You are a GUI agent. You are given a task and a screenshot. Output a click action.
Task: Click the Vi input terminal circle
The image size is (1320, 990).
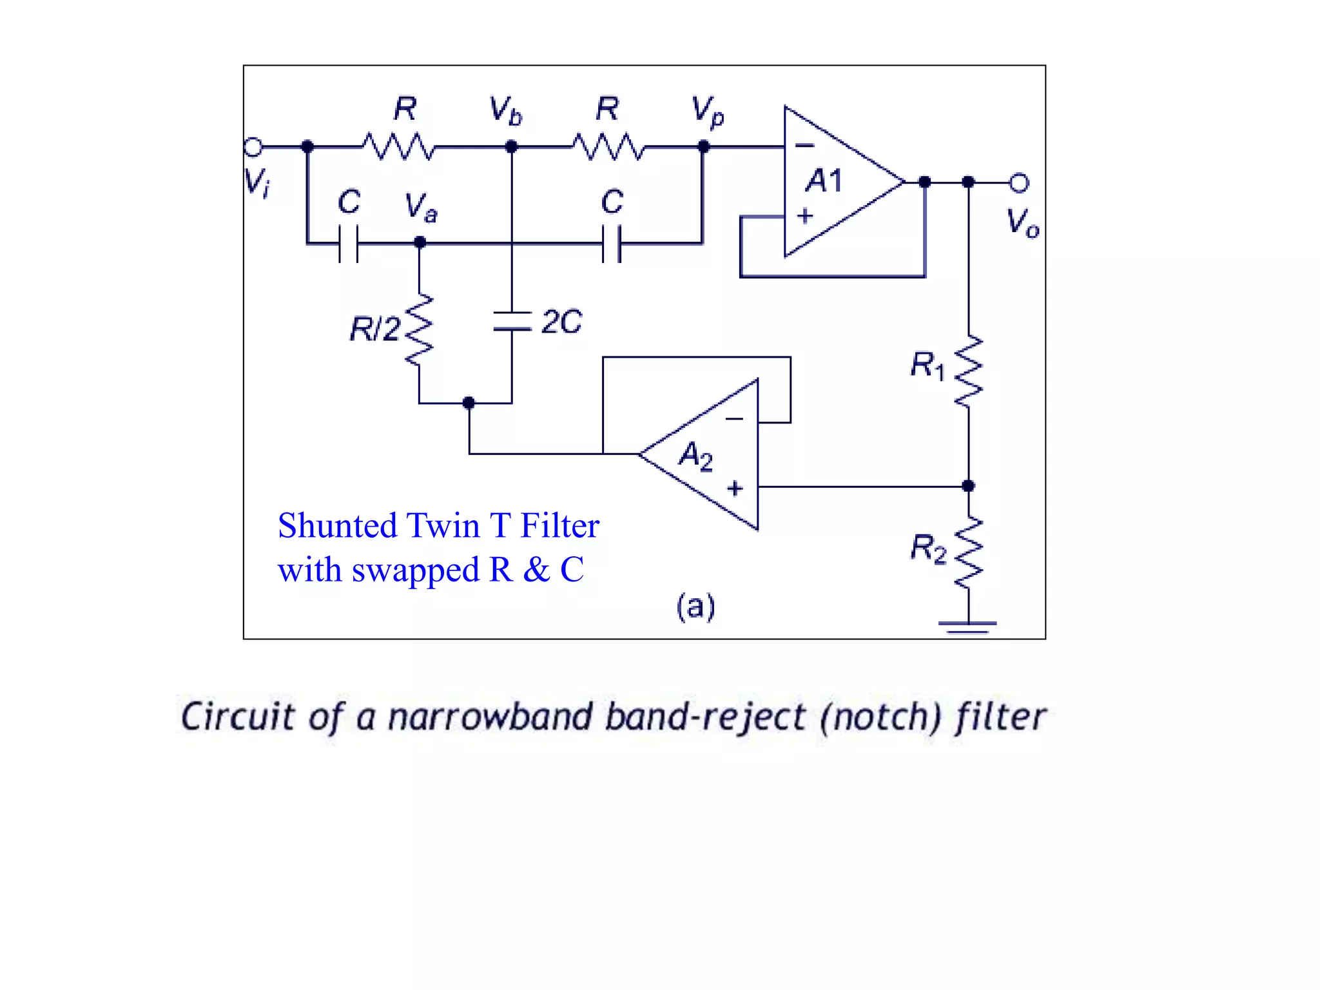[253, 147]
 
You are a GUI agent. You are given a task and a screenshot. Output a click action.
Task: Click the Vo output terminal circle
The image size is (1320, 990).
[1019, 183]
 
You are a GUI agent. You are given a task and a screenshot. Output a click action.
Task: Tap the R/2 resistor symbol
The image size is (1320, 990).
[420, 330]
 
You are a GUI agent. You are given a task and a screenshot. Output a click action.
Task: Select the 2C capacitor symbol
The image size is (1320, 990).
[512, 321]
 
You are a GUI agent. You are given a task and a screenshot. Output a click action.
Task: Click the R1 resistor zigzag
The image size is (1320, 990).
[968, 371]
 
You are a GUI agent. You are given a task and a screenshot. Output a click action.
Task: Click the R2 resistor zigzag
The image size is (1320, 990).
[968, 553]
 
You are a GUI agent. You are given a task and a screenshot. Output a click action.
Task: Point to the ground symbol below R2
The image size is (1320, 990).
[967, 626]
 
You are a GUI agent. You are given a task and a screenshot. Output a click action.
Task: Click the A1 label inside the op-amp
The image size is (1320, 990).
[824, 180]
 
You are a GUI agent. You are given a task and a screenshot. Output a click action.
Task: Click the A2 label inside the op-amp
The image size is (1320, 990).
[696, 456]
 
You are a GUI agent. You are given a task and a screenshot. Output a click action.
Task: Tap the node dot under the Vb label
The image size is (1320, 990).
[512, 147]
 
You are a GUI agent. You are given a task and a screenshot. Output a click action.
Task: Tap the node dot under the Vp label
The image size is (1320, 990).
[704, 147]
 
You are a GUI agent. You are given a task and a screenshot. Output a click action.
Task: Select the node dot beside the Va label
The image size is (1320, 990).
[420, 243]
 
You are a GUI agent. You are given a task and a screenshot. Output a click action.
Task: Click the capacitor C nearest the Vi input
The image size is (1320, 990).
[349, 244]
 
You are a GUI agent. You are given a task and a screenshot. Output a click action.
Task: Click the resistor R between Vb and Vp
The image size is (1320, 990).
[608, 147]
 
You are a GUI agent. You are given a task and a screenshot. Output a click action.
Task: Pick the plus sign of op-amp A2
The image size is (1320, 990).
[735, 489]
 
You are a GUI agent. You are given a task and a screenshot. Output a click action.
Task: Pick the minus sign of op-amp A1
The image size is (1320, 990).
[804, 146]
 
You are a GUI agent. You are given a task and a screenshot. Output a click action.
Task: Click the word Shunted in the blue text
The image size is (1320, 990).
[337, 525]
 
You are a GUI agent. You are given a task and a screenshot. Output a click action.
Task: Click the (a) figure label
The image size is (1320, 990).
[695, 607]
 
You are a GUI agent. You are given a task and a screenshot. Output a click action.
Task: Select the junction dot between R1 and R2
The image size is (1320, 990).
[968, 486]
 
